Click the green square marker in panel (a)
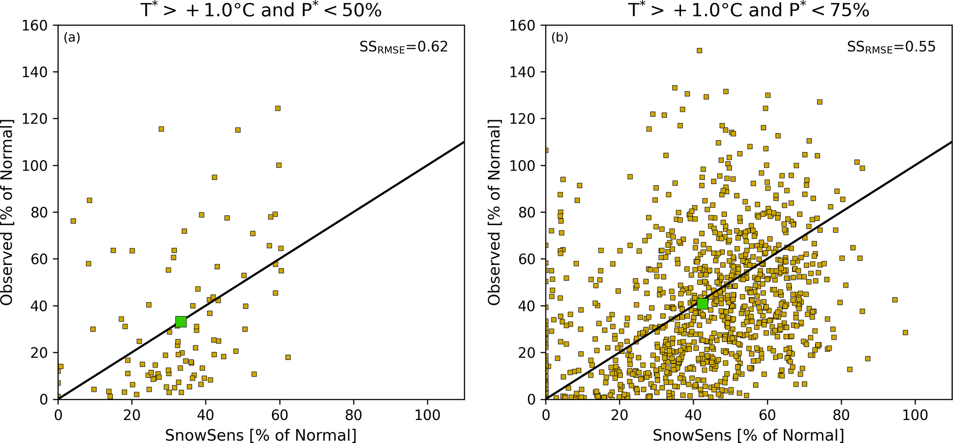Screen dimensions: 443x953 click(181, 321)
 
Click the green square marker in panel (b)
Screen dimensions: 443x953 click(702, 303)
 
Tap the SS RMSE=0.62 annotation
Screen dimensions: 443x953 click(403, 47)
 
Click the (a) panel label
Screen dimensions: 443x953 click(72, 38)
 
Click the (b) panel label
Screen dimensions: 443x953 click(560, 38)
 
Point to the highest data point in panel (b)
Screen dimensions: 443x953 click(699, 51)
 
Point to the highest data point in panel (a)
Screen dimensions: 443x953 click(278, 109)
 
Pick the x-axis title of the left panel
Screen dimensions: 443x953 click(261, 435)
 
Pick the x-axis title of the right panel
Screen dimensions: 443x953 click(749, 435)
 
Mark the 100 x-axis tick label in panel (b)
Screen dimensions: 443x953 click(915, 414)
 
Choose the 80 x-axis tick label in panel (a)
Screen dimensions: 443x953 click(354, 414)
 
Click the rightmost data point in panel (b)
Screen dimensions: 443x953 click(905, 332)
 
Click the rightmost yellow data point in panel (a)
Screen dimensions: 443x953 click(288, 357)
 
